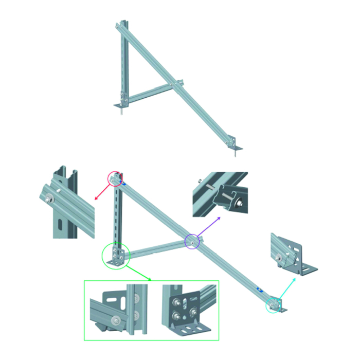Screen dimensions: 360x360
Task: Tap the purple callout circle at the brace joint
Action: pos(192,241)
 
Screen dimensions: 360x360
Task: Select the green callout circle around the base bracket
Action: pos(114,256)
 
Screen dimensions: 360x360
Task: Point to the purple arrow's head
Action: pos(221,218)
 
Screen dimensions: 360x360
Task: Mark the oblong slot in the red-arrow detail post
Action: pos(61,224)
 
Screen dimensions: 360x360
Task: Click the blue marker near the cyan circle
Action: pos(261,291)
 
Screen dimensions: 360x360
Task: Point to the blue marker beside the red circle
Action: pos(123,181)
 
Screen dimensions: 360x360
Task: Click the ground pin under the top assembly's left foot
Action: pos(121,111)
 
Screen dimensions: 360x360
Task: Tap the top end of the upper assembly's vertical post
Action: pos(122,23)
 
